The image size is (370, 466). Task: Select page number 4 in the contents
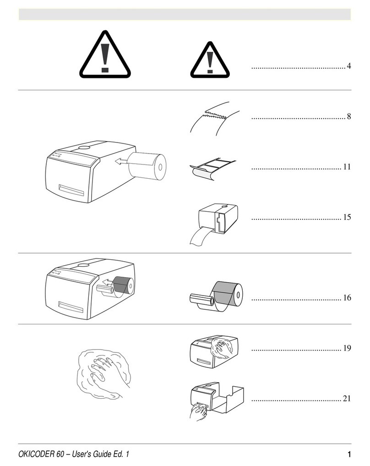(349, 66)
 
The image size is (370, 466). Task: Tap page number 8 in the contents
(349, 116)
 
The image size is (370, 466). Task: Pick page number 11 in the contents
(347, 167)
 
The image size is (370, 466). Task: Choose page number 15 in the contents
(347, 217)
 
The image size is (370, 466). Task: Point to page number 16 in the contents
(347, 297)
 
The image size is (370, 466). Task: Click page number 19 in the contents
(347, 348)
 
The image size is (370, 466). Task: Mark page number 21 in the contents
(347, 399)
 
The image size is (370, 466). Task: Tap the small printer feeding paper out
(214, 224)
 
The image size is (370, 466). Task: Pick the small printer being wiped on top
(214, 352)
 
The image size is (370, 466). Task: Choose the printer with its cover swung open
(217, 401)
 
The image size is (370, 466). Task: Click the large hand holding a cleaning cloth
(103, 373)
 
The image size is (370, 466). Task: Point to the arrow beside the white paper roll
(122, 161)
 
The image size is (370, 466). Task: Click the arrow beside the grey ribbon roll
(108, 282)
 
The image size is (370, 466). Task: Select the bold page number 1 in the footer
(349, 454)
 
